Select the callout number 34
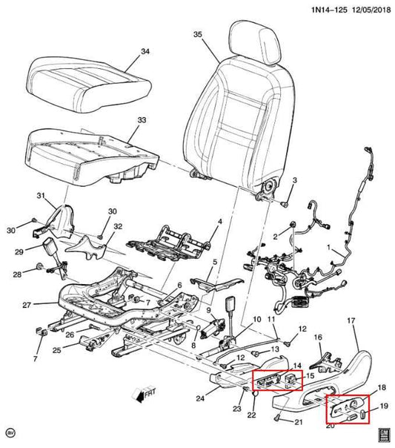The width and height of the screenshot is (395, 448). (145, 51)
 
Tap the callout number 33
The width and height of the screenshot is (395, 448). (142, 119)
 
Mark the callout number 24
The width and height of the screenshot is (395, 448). (198, 399)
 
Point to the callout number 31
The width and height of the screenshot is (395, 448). (42, 194)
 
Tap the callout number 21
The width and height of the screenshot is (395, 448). (298, 424)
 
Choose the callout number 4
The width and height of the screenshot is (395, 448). (219, 222)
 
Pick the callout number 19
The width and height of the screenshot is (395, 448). (383, 406)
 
